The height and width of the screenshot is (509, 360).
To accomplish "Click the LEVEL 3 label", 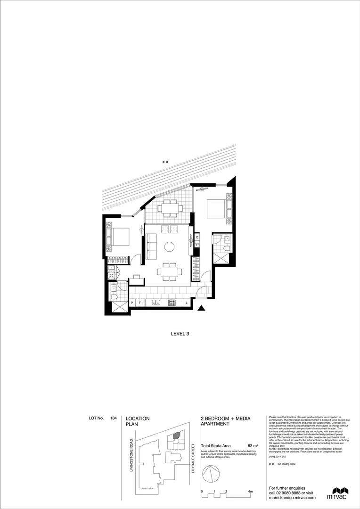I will [x=180, y=334].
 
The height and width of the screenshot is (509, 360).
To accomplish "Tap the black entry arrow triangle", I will [x=202, y=309].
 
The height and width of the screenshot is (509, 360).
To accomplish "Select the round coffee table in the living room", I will [x=169, y=246].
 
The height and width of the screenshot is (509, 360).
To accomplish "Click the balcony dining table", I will [x=168, y=208].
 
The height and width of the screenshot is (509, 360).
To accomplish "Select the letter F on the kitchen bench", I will [x=140, y=303].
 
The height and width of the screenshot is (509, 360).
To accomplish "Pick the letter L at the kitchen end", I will [x=187, y=303].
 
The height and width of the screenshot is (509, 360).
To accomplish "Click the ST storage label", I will [x=197, y=244].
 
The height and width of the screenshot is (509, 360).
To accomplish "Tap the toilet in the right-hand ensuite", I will [x=226, y=247].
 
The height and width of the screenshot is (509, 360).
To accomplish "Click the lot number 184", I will [x=114, y=418].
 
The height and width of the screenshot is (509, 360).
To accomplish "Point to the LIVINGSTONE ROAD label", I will [x=131, y=455].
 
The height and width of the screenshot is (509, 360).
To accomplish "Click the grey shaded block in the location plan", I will [x=176, y=436].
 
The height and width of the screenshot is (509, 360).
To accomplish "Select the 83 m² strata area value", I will [x=253, y=446].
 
